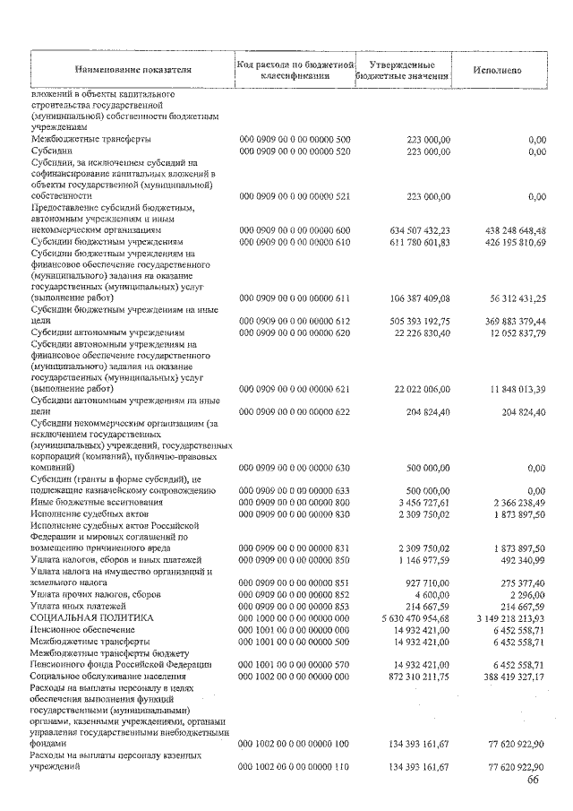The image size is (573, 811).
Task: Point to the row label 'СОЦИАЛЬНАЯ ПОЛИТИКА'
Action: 92,618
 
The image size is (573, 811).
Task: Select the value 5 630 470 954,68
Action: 407,618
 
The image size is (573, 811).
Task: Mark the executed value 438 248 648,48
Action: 508,229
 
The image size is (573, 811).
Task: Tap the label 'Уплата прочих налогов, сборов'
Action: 98,595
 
